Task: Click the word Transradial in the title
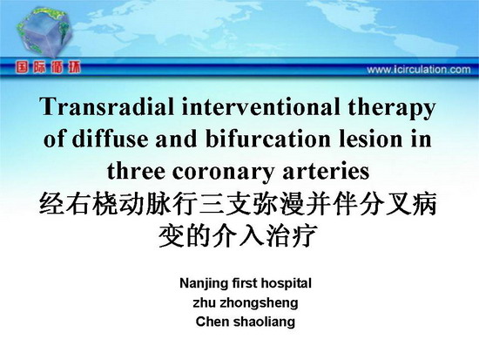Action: (106, 106)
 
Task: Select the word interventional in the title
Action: (260, 106)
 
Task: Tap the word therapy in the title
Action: (392, 109)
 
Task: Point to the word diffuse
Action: (110, 139)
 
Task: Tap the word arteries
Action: (326, 171)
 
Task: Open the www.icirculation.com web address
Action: (419, 70)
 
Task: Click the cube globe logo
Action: (44, 31)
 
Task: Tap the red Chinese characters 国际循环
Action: (48, 67)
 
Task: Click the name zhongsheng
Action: (259, 303)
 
